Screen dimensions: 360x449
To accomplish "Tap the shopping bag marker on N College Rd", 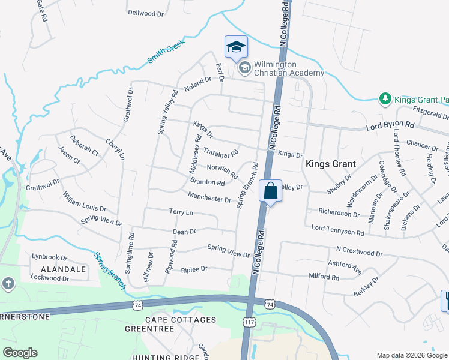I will tap(270, 191).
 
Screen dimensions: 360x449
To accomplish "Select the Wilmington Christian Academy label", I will tap(289, 68).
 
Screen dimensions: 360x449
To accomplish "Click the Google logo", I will tap(20, 352).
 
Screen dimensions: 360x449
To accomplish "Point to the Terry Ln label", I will tap(181, 212).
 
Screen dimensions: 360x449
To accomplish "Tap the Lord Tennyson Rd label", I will tap(337, 232).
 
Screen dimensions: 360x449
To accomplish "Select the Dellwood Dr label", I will tap(146, 13).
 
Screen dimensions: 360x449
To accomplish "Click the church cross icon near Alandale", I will tap(7, 283).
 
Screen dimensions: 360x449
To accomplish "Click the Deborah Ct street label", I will tap(84, 148).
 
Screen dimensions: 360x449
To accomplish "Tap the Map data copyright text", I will tap(411, 355).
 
